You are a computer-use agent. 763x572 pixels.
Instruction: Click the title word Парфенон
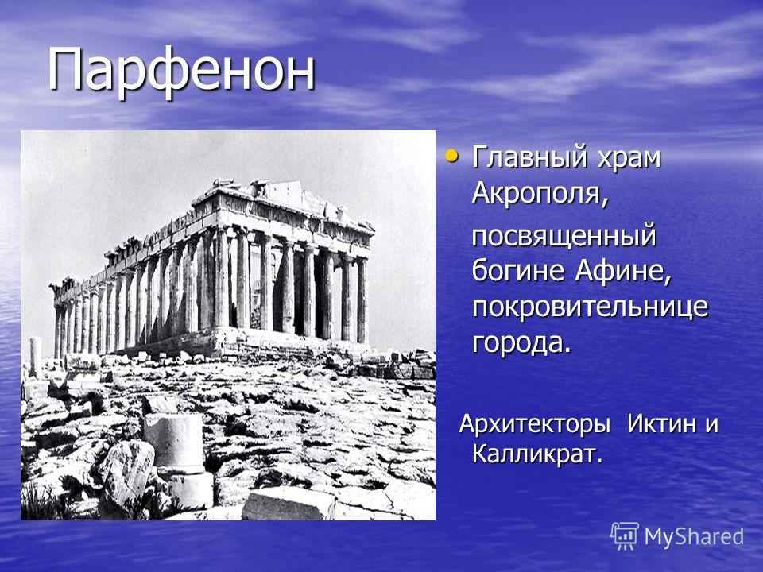[x=181, y=71]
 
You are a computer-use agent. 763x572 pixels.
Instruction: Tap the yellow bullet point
[x=451, y=157]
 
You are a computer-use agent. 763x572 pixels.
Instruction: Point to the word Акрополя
[x=540, y=194]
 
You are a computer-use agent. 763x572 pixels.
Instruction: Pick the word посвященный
[x=564, y=238]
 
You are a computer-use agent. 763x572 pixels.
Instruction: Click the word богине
[x=518, y=270]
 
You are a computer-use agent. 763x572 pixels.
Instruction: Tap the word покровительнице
[x=590, y=307]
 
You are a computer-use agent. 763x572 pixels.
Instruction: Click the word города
[x=521, y=343]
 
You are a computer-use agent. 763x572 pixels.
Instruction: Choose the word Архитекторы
[x=535, y=424]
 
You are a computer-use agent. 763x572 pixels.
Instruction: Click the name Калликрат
[x=537, y=455]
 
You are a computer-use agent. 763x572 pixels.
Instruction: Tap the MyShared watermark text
[x=693, y=537]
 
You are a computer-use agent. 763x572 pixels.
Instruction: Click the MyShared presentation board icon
[x=625, y=536]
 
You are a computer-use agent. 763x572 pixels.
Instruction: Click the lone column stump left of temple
[x=36, y=357]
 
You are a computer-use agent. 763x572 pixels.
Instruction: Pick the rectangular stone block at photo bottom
[x=288, y=504]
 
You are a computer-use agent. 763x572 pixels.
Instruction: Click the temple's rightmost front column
[x=362, y=300]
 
